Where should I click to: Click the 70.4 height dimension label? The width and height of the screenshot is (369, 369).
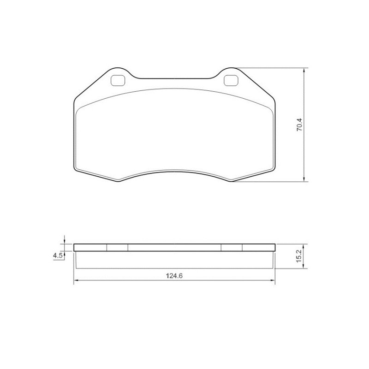[x=300, y=124]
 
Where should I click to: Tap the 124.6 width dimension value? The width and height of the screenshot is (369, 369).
[x=174, y=276]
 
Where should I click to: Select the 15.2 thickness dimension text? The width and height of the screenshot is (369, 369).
[x=298, y=256]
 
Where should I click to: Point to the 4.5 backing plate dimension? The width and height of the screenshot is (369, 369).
[x=58, y=256]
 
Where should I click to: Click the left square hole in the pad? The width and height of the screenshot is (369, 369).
[x=118, y=80]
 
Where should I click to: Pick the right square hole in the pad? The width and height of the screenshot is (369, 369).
[x=231, y=80]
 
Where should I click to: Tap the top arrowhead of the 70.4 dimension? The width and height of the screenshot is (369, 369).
[x=304, y=71]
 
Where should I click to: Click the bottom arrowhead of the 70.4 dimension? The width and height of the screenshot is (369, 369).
[x=304, y=179]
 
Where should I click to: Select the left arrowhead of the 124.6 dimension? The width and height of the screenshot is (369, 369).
[x=76, y=280]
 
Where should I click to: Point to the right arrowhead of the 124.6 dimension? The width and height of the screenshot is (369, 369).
[x=272, y=280]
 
